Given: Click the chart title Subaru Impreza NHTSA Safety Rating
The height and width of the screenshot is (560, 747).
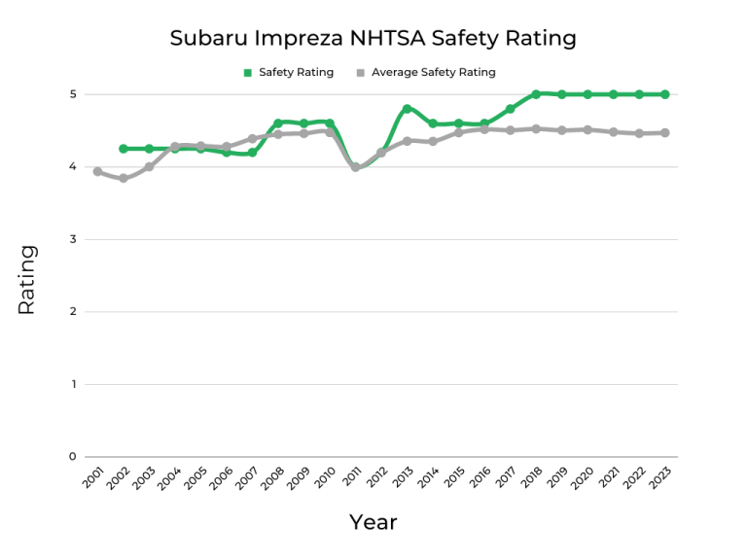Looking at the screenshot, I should [373, 38].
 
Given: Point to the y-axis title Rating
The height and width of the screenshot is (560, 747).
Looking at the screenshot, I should [26, 279].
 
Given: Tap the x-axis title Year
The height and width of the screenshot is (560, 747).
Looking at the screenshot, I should [373, 522].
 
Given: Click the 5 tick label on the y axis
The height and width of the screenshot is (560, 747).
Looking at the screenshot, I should [72, 94].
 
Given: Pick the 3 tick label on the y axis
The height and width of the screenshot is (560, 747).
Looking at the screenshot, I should [72, 239].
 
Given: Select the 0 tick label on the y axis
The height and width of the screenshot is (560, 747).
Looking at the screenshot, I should [72, 457].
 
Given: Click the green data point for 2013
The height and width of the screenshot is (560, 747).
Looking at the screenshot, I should [407, 109].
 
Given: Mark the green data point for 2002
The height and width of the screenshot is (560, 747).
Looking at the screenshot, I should [123, 149].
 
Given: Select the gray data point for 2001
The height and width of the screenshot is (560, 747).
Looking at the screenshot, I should [97, 171].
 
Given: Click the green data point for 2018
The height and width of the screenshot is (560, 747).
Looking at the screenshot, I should [536, 94].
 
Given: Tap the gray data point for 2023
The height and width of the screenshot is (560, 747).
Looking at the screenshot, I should [664, 132].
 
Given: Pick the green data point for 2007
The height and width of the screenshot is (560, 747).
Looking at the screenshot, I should [252, 153].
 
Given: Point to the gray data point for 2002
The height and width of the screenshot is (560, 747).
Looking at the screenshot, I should [123, 179].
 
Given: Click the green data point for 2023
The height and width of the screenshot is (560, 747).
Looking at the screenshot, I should [664, 94].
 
